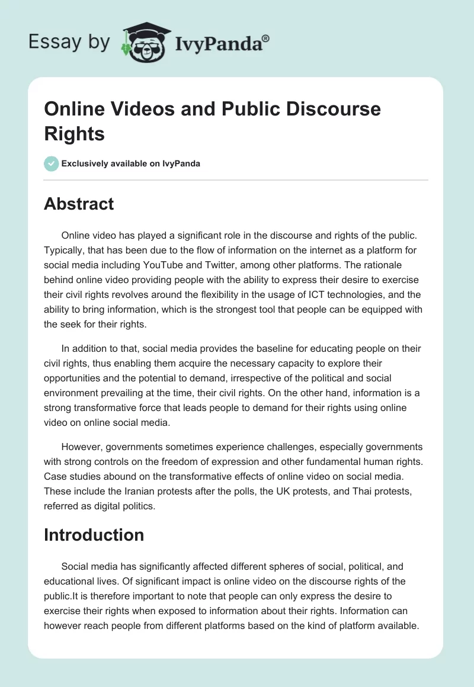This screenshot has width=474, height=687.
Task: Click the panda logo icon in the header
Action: pyautogui.click(x=145, y=42)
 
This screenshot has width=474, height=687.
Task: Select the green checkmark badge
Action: pyautogui.click(x=52, y=163)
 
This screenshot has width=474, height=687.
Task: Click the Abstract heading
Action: pyautogui.click(x=79, y=204)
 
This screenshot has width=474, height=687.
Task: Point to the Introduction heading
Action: pyautogui.click(x=94, y=535)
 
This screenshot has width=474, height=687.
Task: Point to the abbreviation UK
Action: pyautogui.click(x=280, y=491)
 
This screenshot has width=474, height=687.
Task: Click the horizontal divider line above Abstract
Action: pyautogui.click(x=236, y=179)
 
